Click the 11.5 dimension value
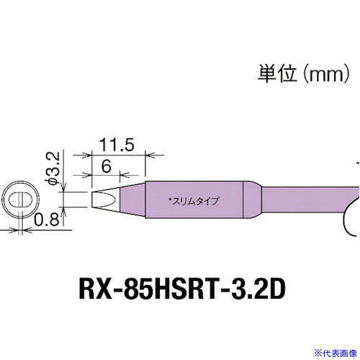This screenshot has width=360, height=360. pos(117,145)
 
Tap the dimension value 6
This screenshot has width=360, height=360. pos(106,166)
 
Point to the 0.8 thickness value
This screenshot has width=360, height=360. pos(46,220)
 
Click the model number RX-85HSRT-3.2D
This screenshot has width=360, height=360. pos(182,289)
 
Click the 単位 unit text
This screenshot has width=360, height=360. pos(277,73)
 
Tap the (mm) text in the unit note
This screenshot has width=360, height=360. pos(325,74)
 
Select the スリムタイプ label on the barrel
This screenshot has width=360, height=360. pos(194,201)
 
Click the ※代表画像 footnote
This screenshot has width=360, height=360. pos(336,353)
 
